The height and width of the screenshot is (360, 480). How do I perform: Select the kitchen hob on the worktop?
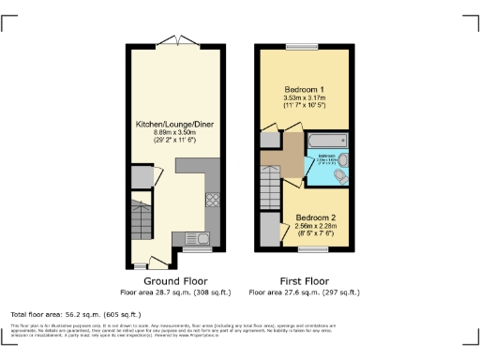pos(212,199)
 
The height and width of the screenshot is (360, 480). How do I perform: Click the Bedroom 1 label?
pos(303,90)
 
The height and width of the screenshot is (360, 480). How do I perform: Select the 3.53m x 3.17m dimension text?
pos(303,100)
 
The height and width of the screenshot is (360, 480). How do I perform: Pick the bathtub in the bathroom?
pos(323,141)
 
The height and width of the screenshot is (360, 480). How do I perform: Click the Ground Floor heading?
pos(174,280)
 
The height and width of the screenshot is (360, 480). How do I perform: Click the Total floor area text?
pos(76,314)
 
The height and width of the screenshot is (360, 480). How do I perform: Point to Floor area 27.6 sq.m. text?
pos(303,292)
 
